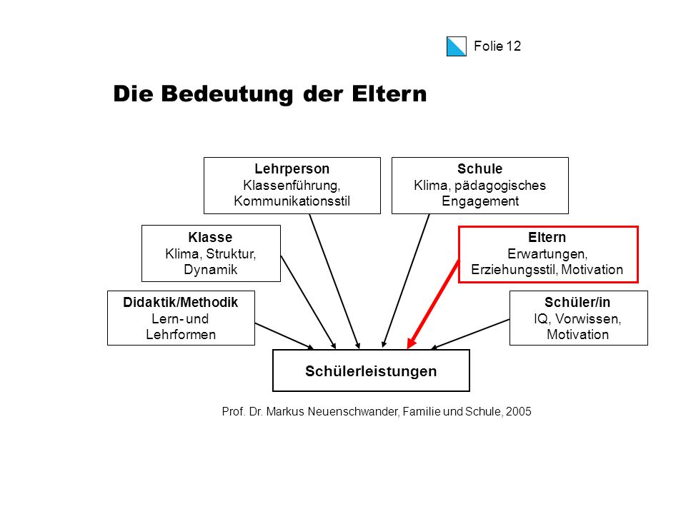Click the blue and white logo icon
[x=457, y=46]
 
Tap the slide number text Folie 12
[x=497, y=46]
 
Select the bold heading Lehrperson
[x=292, y=168]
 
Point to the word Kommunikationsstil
[x=292, y=201]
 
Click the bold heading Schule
[x=480, y=168]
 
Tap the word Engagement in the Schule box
[x=480, y=201]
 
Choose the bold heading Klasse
[x=210, y=237]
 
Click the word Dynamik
[x=210, y=270]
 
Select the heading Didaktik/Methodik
[x=181, y=303]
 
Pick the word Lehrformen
[x=181, y=334]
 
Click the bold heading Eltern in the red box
[x=547, y=237]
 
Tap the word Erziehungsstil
[x=514, y=270]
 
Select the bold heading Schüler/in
[x=577, y=303]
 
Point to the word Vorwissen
[x=587, y=319]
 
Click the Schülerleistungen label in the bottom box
[x=371, y=371]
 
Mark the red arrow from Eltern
[x=433, y=305]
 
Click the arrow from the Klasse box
[x=308, y=302]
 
